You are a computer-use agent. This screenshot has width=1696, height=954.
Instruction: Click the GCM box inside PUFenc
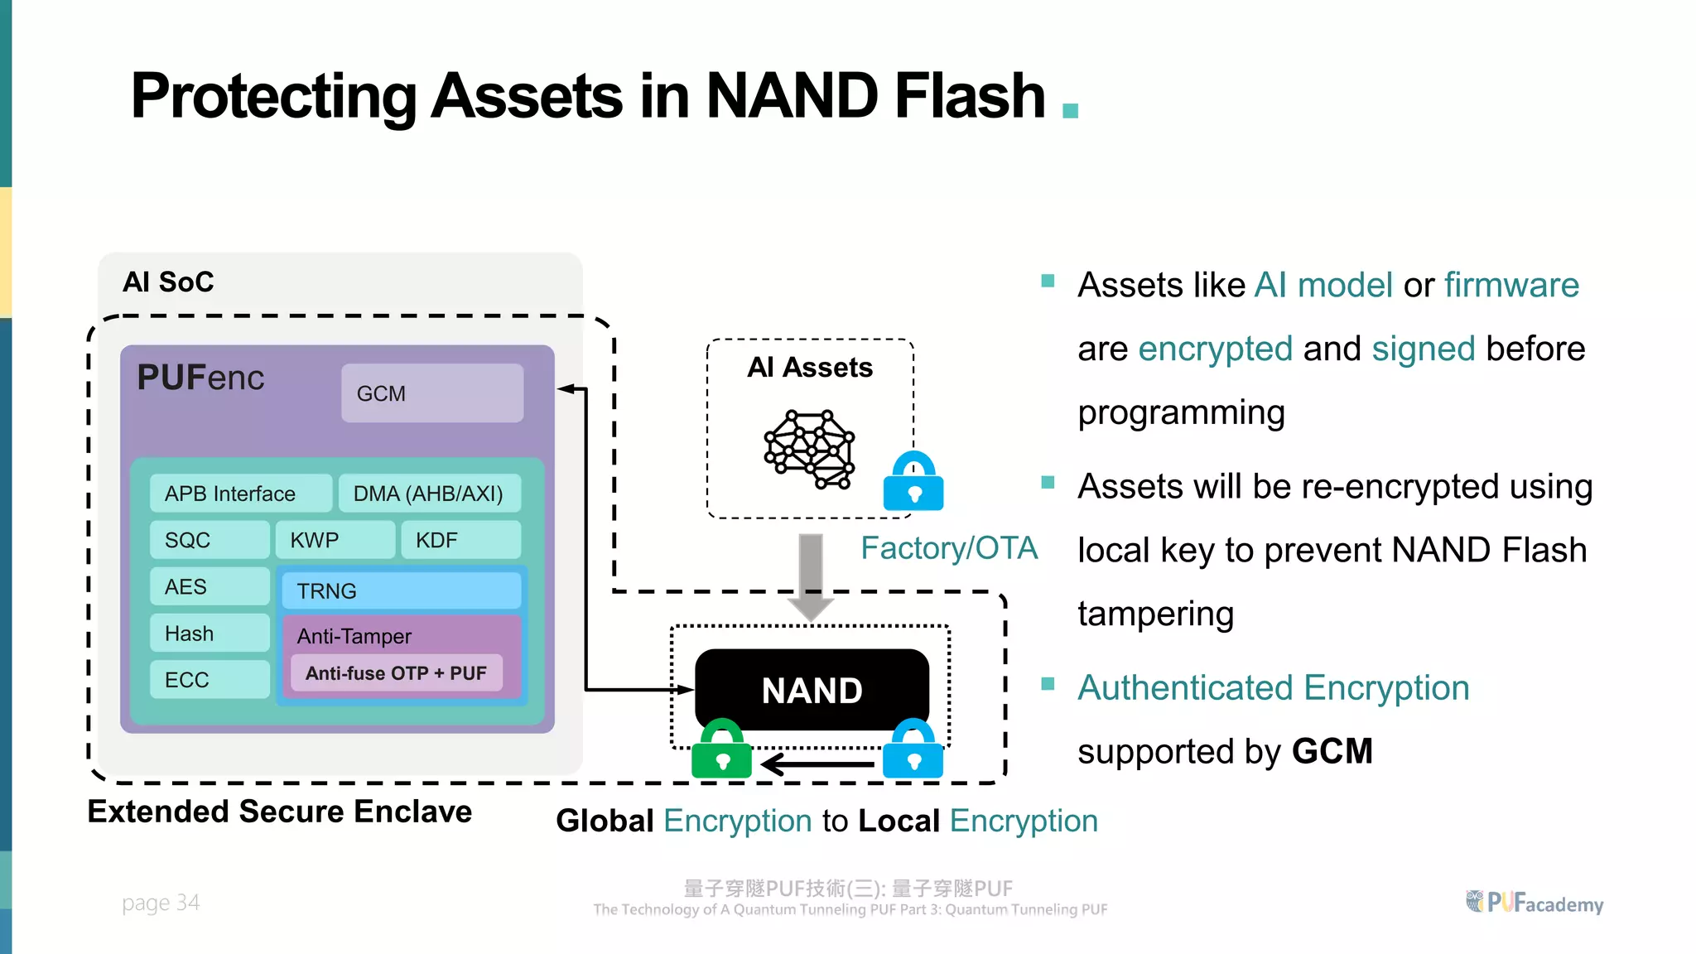(x=431, y=393)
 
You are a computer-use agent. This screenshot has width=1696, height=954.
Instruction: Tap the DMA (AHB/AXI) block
(x=429, y=494)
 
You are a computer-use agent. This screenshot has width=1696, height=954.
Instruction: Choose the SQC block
(x=210, y=540)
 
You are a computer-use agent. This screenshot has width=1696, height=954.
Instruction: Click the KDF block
(x=460, y=540)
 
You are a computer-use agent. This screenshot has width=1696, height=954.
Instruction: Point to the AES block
(x=210, y=586)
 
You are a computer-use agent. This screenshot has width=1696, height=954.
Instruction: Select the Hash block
(x=210, y=634)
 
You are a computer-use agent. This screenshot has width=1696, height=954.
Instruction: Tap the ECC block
(x=210, y=680)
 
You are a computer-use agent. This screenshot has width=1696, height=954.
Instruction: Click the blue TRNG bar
(x=401, y=590)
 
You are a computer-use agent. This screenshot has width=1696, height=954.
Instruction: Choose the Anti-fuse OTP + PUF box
(x=396, y=673)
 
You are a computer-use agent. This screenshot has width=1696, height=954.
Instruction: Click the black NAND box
(x=812, y=690)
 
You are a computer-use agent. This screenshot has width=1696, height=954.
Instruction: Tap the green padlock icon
(x=721, y=749)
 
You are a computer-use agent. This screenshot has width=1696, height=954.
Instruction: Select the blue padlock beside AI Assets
(x=913, y=483)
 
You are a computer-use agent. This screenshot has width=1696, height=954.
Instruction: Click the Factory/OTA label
(x=948, y=548)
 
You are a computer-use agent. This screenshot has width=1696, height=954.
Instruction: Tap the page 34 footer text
(x=161, y=903)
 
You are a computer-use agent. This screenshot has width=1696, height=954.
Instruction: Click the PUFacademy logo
(x=1535, y=903)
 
